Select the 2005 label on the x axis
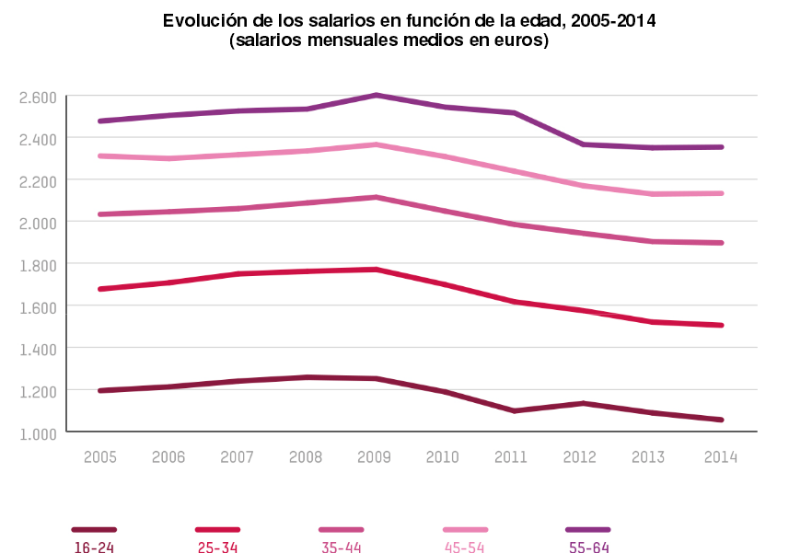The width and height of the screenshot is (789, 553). coord(100,456)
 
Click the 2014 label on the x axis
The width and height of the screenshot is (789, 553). coord(720,456)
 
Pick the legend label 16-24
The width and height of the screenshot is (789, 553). coord(93,547)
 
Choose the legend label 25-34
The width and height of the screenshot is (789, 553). coord(217,547)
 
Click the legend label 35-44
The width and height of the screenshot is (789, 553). coord(341,547)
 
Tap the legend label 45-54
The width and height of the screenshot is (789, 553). coord(465,547)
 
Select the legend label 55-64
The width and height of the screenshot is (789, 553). coord(588,547)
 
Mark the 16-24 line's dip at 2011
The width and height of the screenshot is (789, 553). coord(514,410)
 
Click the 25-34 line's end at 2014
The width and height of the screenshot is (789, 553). coord(721,325)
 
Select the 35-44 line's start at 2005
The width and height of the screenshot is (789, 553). coord(100,214)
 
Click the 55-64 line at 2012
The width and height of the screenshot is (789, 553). coord(583,144)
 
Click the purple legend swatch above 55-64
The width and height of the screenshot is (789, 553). coord(587,530)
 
